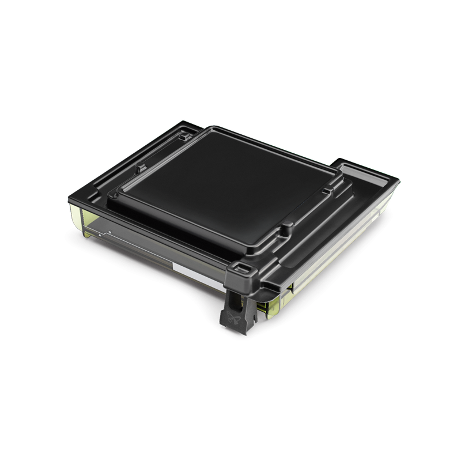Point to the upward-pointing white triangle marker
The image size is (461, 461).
click(x=101, y=235)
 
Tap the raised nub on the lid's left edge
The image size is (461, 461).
click(x=139, y=169)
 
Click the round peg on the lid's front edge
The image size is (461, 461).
click(x=285, y=231)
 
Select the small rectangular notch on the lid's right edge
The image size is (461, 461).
click(x=327, y=190)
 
